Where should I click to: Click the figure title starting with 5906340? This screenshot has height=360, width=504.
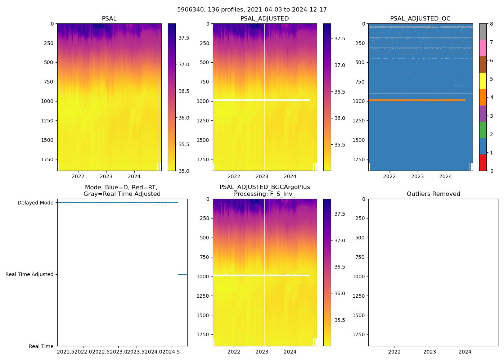252,10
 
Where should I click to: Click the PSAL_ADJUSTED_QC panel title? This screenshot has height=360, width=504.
420,18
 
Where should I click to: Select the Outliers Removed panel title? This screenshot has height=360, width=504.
433,194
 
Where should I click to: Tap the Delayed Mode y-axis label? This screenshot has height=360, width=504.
35,203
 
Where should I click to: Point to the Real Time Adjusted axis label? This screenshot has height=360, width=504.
30,274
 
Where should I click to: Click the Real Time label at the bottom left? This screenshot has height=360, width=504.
41,346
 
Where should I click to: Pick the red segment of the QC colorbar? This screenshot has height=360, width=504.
483,162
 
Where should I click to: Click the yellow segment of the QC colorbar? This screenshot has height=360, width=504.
483,81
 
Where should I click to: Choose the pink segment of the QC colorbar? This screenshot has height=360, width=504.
483,48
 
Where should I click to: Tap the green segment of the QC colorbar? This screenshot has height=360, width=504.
483,130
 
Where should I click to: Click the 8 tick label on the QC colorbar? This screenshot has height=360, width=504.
491,24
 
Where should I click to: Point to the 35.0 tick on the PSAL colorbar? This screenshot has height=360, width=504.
184,171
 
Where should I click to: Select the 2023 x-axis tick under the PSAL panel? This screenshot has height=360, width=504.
106,176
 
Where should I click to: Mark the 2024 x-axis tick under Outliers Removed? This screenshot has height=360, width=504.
465,352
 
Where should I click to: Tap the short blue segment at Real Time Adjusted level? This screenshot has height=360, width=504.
183,274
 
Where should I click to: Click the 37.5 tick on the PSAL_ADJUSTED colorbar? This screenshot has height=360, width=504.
340,39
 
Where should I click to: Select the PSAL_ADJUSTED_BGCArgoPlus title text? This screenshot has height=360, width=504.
265,187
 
